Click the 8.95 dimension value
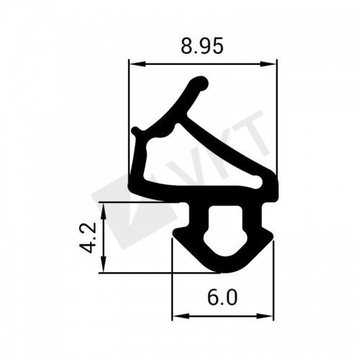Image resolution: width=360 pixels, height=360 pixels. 202,46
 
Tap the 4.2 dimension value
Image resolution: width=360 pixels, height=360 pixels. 88,238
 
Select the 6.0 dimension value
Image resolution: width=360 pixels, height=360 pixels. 222,297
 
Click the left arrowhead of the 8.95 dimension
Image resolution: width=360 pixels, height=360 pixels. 138,64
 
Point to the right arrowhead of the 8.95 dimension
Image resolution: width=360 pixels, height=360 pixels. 269,64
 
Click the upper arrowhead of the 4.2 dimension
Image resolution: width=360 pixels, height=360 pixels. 104,210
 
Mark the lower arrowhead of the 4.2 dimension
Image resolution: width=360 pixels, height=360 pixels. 104,264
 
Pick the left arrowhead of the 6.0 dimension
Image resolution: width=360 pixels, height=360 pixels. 181,316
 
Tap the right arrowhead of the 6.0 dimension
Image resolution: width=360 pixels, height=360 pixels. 265,316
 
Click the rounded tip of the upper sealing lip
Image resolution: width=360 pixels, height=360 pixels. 199,83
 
